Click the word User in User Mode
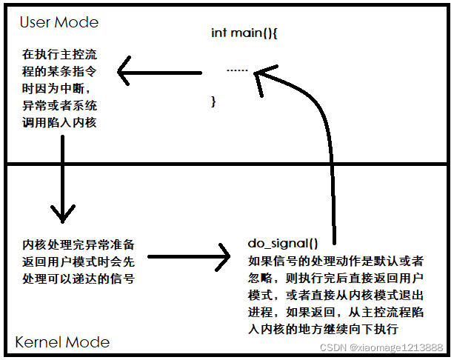point(35,21)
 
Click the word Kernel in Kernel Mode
point(40,341)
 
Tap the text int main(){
point(243,33)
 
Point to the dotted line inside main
point(237,70)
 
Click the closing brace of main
point(214,101)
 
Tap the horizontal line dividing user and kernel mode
point(226,164)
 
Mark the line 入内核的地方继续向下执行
point(324,329)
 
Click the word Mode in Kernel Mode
point(87,341)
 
